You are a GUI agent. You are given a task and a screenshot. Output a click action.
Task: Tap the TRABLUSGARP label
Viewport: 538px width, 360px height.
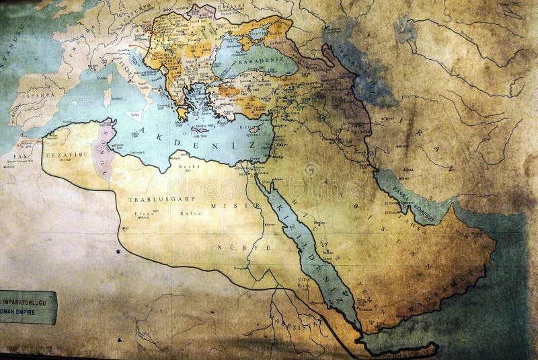(x=152, y=200)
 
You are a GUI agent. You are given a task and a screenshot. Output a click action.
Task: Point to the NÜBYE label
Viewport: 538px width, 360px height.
(x=234, y=248)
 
